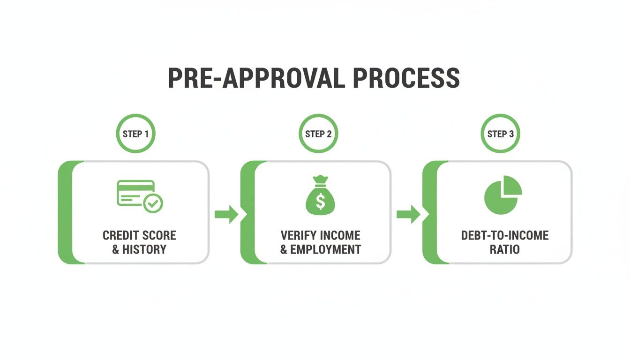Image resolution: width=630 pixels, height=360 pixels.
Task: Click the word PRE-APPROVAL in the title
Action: tap(256, 78)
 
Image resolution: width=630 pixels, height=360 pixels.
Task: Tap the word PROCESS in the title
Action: tap(406, 78)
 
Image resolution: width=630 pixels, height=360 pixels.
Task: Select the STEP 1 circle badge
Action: tap(135, 134)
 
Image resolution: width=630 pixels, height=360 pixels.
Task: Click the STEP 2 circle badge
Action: tap(318, 134)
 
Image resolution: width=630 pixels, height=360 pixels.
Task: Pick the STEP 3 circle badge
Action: tap(500, 134)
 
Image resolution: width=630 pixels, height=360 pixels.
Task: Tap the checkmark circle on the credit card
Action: tap(153, 203)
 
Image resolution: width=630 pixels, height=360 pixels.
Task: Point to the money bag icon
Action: tap(320, 195)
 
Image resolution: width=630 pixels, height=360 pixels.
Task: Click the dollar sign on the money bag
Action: tap(320, 202)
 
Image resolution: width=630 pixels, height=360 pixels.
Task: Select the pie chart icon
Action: tap(503, 195)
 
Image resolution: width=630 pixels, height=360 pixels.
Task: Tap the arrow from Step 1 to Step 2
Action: tap(226, 215)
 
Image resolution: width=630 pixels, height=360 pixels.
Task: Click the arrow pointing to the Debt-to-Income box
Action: tap(408, 215)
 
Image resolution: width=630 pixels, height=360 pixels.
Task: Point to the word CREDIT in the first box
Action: tap(121, 235)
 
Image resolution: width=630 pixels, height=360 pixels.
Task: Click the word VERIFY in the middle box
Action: tap(299, 235)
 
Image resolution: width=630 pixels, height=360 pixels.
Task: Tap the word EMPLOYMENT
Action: tap(325, 249)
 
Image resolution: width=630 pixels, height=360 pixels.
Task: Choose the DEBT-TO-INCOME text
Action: tap(505, 235)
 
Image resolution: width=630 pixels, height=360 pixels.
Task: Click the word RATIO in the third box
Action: tap(505, 249)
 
